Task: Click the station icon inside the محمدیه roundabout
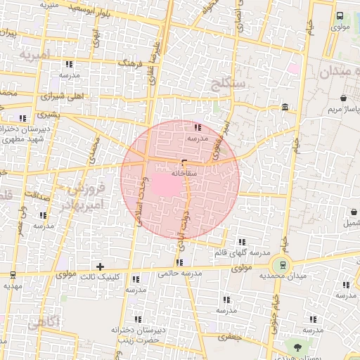(x=283, y=264)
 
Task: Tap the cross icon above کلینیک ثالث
(x=101, y=266)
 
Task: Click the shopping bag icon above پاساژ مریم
(x=342, y=98)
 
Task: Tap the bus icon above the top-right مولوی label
(x=340, y=15)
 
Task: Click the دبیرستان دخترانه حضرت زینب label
(x=138, y=334)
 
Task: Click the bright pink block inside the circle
(x=162, y=184)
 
